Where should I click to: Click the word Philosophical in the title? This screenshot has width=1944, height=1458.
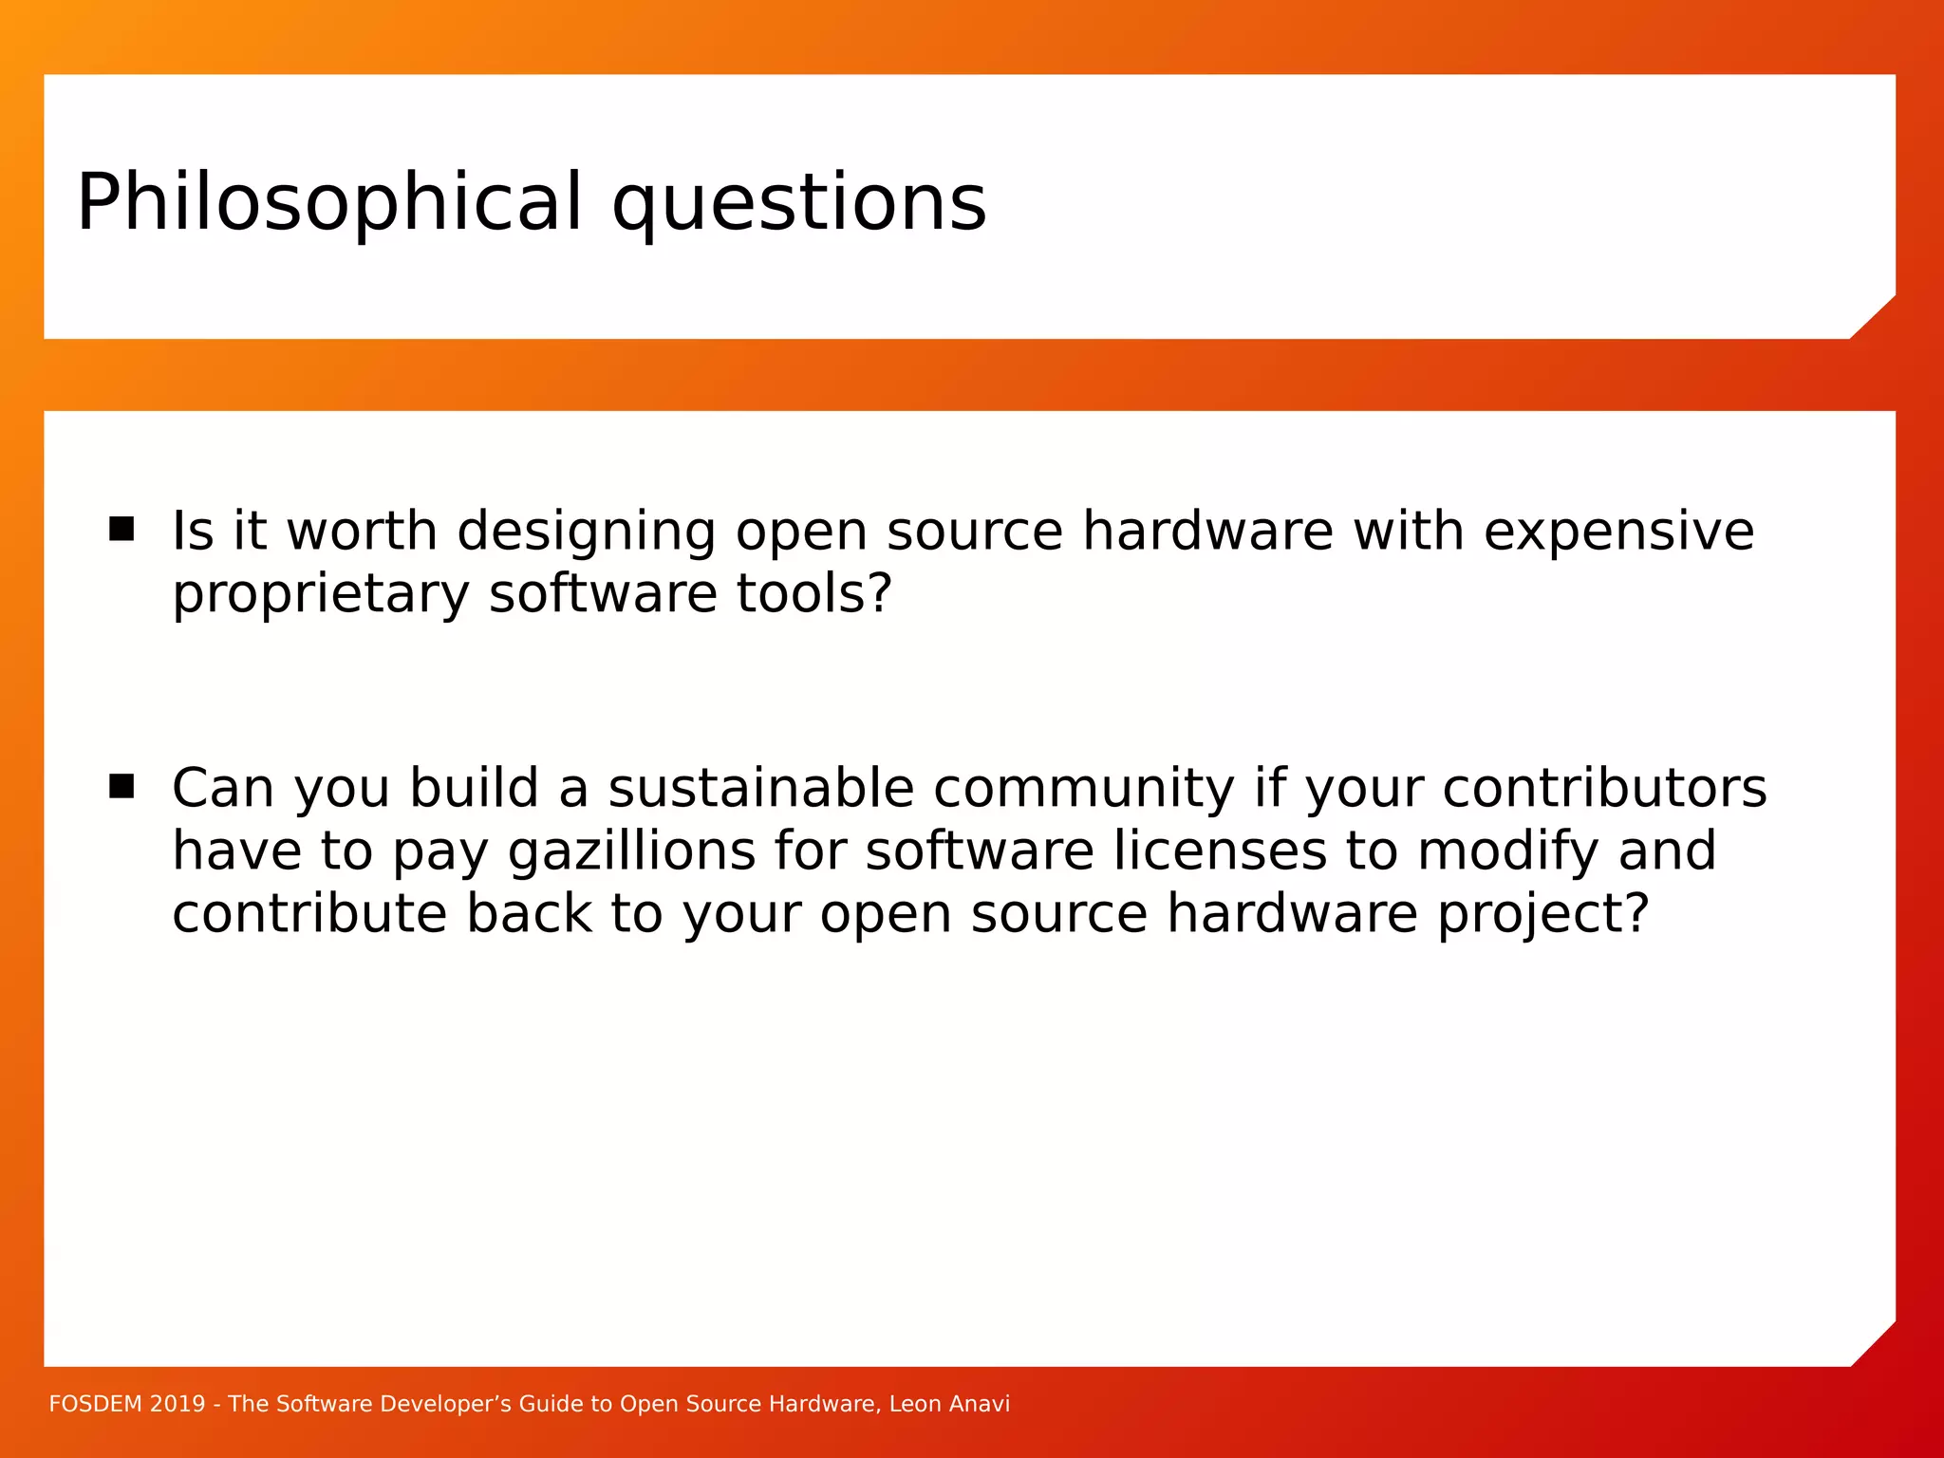(x=328, y=202)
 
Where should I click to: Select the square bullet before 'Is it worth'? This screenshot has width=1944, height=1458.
(x=121, y=529)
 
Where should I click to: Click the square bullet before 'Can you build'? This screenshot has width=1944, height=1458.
(x=121, y=786)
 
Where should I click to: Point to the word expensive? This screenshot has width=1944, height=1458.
(x=1618, y=532)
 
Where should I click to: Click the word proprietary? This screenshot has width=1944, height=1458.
(x=320, y=596)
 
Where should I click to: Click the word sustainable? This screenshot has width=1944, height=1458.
(x=760, y=788)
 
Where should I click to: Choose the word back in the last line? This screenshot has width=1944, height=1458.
(x=529, y=913)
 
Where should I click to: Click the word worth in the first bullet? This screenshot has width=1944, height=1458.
(x=362, y=531)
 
